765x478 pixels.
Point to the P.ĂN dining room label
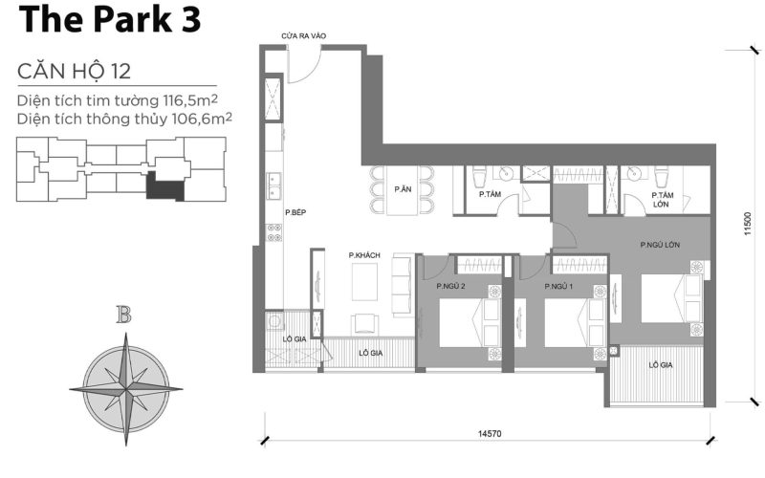coord(403,189)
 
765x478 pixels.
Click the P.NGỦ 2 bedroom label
coord(451,286)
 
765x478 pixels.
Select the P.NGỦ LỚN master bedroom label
coord(661,245)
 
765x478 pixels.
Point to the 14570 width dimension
coord(488,433)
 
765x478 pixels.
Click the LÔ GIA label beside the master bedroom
coord(659,365)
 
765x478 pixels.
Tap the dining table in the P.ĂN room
coord(403,189)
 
